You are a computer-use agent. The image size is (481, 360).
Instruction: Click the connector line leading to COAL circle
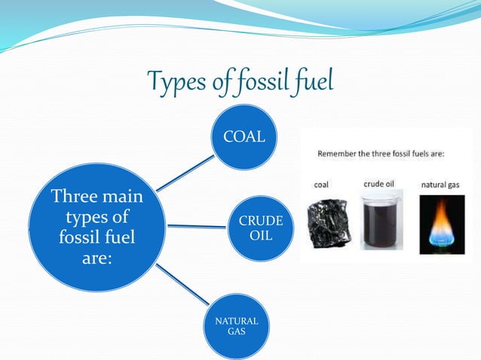click(185, 173)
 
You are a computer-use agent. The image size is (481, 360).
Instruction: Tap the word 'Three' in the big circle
click(72, 198)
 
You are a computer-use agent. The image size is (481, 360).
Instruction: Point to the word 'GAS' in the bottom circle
click(236, 332)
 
